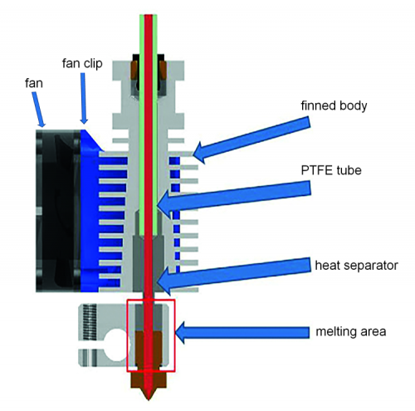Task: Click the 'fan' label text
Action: pyautogui.click(x=34, y=83)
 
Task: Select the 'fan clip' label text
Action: pyautogui.click(x=82, y=64)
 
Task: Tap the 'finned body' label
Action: pyautogui.click(x=334, y=106)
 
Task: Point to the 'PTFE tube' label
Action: pyautogui.click(x=331, y=170)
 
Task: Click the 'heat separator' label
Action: pyautogui.click(x=356, y=266)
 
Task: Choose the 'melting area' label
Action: pyautogui.click(x=351, y=331)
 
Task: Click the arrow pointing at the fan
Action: pyautogui.click(x=39, y=110)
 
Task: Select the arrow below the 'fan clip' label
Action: pyautogui.click(x=84, y=99)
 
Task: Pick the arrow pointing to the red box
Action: pyautogui.click(x=242, y=332)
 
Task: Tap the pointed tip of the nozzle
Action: pyautogui.click(x=149, y=399)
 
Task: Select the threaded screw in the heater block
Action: pyautogui.click(x=90, y=321)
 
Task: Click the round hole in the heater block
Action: pyautogui.click(x=115, y=345)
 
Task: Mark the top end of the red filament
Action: pyautogui.click(x=149, y=15)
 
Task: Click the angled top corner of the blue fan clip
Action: pyautogui.click(x=84, y=130)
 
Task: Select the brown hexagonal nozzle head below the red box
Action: pyautogui.click(x=149, y=379)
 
